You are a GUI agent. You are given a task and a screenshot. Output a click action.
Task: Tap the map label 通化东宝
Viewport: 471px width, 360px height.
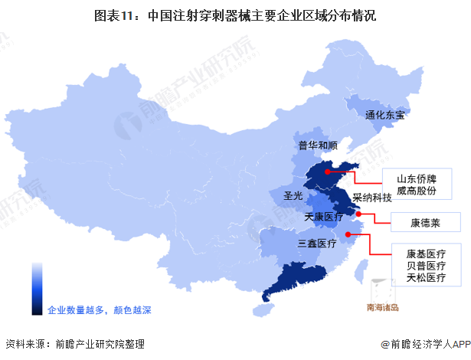coord(384,116)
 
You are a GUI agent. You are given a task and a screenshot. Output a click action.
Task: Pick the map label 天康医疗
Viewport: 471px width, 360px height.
coord(324,218)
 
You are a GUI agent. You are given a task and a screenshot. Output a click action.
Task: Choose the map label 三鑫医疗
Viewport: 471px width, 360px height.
coord(317,244)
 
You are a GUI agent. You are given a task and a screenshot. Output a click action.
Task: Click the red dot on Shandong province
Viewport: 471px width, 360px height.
coord(326,172)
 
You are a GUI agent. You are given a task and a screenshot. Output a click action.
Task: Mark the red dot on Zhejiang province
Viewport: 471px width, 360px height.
coord(348,234)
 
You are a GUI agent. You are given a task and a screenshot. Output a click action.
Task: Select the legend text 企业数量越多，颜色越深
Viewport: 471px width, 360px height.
coord(100,310)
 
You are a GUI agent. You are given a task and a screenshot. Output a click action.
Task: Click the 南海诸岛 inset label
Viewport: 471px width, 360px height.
coord(388,310)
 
